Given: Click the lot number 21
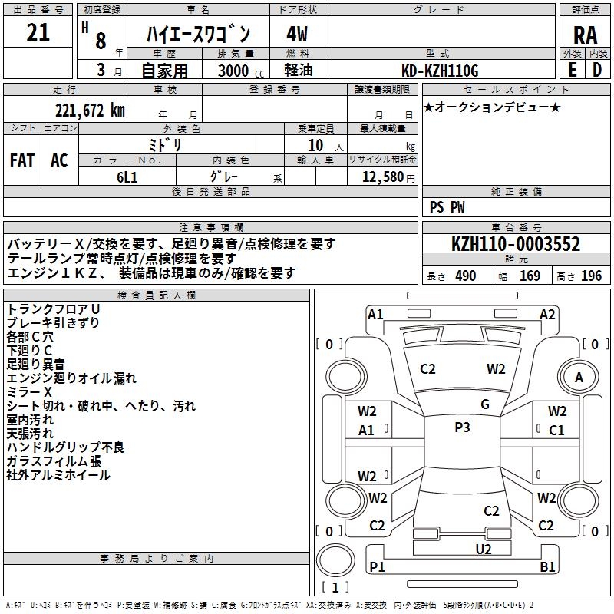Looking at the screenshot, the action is point(38,33).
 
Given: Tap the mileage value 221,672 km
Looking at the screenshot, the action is point(89,110).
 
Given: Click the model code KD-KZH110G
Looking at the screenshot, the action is point(441,71).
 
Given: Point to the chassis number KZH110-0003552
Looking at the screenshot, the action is point(516,245).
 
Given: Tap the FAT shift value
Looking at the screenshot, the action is point(21,160).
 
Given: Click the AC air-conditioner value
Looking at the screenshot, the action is point(59,160).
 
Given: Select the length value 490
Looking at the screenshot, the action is point(465,276).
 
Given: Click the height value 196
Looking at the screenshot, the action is point(591,276).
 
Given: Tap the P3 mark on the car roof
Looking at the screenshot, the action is point(462,427).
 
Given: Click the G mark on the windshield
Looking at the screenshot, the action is point(484,404).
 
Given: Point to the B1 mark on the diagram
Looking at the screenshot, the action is point(548,567).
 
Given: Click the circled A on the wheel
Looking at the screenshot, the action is point(579,377).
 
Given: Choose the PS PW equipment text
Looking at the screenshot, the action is point(447,207).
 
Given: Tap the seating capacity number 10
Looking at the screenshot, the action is point(315,144).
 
